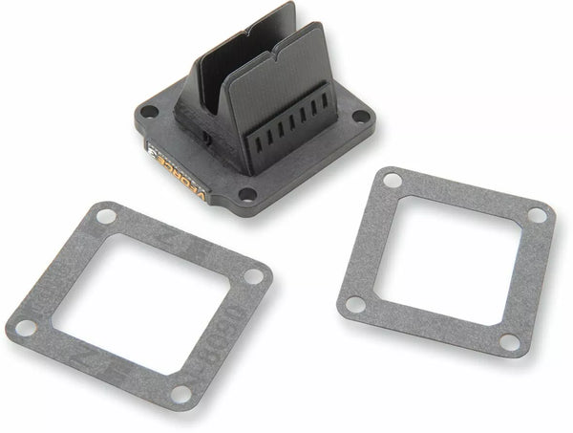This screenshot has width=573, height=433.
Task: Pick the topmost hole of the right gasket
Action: tap(391, 180)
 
